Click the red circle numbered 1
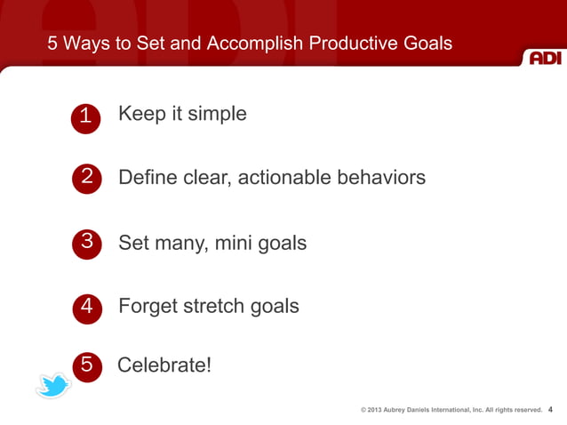(84, 117)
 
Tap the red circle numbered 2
(85, 178)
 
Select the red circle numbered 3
(86, 242)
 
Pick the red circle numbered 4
(86, 307)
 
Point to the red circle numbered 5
(87, 365)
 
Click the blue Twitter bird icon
(53, 385)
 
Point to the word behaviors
(381, 178)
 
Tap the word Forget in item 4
(147, 307)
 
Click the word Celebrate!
(164, 365)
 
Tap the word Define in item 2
(147, 178)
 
